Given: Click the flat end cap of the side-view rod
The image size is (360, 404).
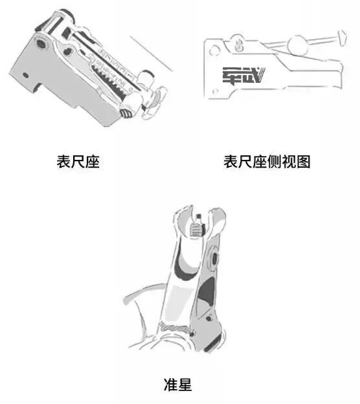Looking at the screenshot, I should (x=339, y=41).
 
